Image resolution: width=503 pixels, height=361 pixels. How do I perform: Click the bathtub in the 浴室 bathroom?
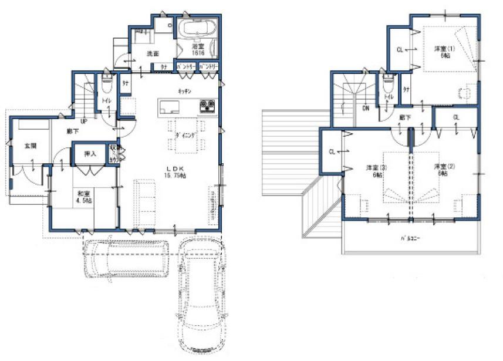click(x=196, y=29)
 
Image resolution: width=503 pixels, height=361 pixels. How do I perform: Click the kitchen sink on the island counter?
click(x=169, y=106)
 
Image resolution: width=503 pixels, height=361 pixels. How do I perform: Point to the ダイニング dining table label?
click(x=187, y=135)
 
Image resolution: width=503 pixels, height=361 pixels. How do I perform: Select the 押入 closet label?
click(x=90, y=154)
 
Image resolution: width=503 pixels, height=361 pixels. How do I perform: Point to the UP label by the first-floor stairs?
click(x=84, y=122)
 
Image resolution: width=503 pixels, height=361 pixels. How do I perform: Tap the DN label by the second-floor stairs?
click(x=365, y=108)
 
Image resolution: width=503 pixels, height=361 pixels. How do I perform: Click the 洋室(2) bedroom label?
click(x=441, y=170)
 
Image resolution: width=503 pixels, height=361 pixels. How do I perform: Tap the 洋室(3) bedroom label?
click(x=373, y=170)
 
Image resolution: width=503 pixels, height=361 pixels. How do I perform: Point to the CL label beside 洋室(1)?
click(x=400, y=50)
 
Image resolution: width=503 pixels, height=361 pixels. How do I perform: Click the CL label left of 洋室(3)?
click(x=332, y=152)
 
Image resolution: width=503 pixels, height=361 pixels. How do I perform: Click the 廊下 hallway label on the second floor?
click(x=404, y=117)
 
